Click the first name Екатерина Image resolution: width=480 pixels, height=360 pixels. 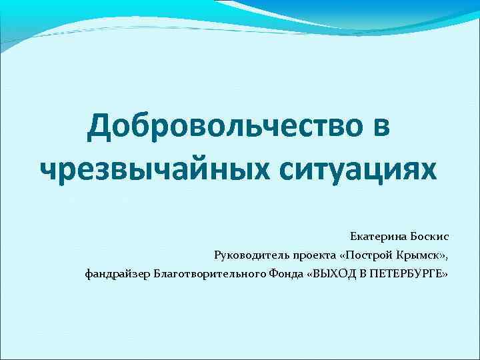378,237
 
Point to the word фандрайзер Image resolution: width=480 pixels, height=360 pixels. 117,273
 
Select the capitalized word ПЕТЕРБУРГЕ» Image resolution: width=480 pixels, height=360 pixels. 407,273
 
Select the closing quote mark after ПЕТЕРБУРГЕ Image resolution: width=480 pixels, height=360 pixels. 445,274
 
